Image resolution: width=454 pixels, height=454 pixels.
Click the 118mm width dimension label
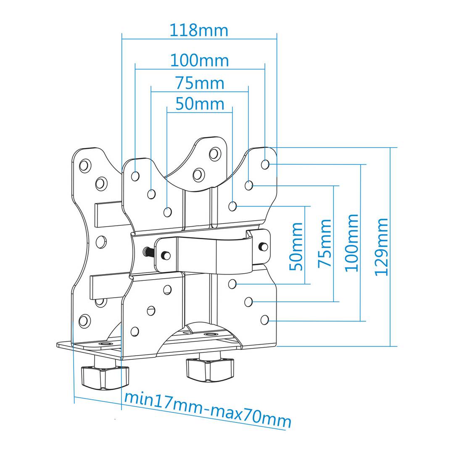tap(199, 30)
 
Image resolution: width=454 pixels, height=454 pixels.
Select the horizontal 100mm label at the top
tap(199, 61)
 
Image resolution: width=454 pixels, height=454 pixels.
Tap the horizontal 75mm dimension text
tap(200, 83)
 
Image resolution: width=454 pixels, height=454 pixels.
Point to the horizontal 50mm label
tap(200, 104)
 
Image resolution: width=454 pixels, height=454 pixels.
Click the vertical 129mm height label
tap(382, 246)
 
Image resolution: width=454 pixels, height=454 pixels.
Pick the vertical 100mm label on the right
tap(353, 243)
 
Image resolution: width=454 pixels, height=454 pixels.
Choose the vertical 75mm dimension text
tap(325, 243)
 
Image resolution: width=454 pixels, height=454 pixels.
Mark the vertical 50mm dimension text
tap(296, 246)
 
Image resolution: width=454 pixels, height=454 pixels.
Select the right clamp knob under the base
tap(209, 367)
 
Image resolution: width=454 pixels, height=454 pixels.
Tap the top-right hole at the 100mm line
tap(265, 164)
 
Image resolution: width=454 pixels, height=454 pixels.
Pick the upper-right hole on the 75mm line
tap(249, 185)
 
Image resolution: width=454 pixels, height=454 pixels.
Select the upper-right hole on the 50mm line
tap(232, 206)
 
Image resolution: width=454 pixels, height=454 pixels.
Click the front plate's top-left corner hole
tap(135, 176)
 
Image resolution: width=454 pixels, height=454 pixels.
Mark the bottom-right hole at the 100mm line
tap(264, 320)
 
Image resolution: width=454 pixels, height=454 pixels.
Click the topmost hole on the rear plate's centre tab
tap(215, 153)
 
